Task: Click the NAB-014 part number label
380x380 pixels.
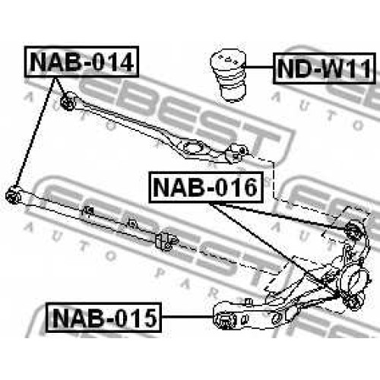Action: coord(81,62)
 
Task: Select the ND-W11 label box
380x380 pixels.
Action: coord(325,68)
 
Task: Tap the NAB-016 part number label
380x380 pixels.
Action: coord(205,187)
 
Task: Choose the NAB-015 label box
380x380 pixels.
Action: coord(103,318)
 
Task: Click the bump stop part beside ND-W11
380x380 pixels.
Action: coord(229,75)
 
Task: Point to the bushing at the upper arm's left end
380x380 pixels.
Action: coord(68,101)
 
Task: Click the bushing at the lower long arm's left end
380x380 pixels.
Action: coord(13,195)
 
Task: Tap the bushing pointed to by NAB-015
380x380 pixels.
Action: coord(225,320)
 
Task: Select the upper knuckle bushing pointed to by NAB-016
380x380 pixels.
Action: coord(353,230)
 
